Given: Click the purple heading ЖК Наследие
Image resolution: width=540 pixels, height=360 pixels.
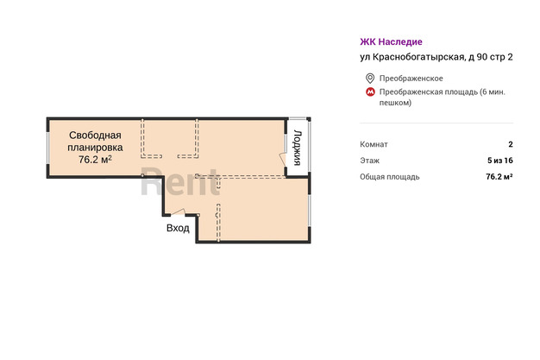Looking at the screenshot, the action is pyautogui.click(x=391, y=41).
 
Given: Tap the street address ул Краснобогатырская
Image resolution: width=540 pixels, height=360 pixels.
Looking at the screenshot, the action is pyautogui.click(x=411, y=57).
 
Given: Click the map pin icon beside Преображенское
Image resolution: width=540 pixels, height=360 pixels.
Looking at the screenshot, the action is pyautogui.click(x=370, y=79).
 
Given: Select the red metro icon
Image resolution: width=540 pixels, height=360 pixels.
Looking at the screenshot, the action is pyautogui.click(x=370, y=92).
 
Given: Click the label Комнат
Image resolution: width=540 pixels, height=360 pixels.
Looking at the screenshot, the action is pyautogui.click(x=374, y=144).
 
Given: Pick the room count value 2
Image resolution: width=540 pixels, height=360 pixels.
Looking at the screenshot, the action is pyautogui.click(x=511, y=144).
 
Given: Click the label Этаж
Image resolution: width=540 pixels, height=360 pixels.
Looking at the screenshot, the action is pyautogui.click(x=369, y=161).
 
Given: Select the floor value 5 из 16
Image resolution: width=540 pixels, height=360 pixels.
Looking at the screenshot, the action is pyautogui.click(x=500, y=161).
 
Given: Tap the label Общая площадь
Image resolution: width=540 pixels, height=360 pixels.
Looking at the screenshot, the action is pyautogui.click(x=390, y=177).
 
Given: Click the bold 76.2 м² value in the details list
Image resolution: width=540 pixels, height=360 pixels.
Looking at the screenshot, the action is pyautogui.click(x=499, y=177).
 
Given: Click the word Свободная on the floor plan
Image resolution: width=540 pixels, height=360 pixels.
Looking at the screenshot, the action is pyautogui.click(x=95, y=136).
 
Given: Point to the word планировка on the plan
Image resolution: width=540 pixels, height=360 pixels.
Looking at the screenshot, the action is pyautogui.click(x=95, y=148).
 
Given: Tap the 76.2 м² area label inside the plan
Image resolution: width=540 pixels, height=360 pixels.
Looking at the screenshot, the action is pyautogui.click(x=95, y=160).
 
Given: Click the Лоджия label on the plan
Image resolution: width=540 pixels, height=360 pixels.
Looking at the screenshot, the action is pyautogui.click(x=298, y=148).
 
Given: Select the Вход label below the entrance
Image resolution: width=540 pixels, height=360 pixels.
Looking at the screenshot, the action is pyautogui.click(x=178, y=228).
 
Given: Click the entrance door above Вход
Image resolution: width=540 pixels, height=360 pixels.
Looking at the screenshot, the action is pyautogui.click(x=178, y=212).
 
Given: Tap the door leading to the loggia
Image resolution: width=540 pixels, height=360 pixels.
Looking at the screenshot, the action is pyautogui.click(x=284, y=159).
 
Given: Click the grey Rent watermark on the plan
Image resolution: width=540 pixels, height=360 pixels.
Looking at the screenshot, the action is pyautogui.click(x=180, y=181).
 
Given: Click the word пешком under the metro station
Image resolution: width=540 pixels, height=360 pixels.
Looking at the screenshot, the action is pyautogui.click(x=395, y=103).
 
